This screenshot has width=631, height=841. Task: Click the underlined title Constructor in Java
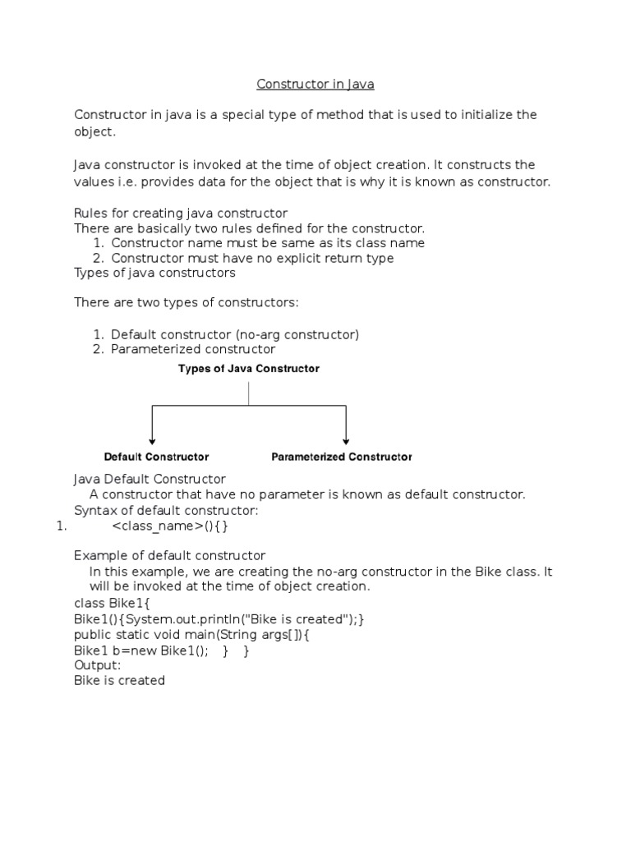(315, 85)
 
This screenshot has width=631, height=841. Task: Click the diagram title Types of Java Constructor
(249, 369)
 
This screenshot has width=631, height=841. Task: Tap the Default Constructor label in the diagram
(156, 457)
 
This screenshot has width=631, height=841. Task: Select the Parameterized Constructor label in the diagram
(342, 457)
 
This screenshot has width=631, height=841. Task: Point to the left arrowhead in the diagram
(152, 439)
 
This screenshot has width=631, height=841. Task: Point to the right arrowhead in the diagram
(346, 439)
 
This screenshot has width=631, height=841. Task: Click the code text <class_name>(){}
(169, 526)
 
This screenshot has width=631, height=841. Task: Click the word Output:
(97, 665)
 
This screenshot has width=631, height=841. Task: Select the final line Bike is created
(119, 681)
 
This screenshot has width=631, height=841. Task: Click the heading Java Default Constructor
(150, 479)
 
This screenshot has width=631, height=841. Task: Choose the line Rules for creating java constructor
(181, 213)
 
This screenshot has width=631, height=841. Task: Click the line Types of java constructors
(154, 273)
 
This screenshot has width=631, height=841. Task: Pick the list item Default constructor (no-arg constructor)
(235, 334)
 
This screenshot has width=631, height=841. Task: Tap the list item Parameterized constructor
(193, 349)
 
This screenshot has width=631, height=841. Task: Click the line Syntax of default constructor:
(166, 510)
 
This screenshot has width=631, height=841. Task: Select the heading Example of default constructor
(170, 556)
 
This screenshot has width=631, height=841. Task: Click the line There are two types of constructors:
(187, 303)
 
